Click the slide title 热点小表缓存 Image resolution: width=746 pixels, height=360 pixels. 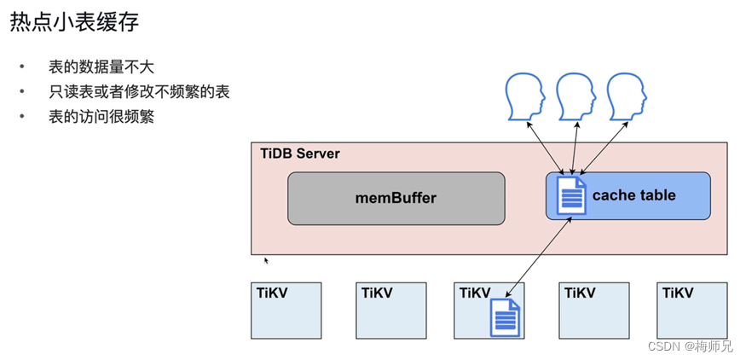[74, 23]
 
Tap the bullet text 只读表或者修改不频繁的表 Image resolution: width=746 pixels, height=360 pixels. [139, 92]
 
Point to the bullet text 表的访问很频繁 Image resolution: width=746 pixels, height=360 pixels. [101, 117]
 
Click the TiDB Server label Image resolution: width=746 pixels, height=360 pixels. [299, 154]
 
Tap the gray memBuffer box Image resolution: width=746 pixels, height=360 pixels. [396, 198]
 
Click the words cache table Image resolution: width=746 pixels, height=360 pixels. [633, 195]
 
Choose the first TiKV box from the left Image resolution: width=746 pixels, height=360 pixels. [286, 311]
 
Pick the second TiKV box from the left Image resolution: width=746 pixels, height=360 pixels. [390, 311]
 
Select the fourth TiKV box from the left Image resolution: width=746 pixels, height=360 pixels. [593, 311]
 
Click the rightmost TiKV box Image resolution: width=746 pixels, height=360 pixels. [692, 311]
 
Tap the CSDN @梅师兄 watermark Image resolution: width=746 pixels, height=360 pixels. [690, 346]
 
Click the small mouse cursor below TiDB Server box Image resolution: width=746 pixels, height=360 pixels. [266, 260]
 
